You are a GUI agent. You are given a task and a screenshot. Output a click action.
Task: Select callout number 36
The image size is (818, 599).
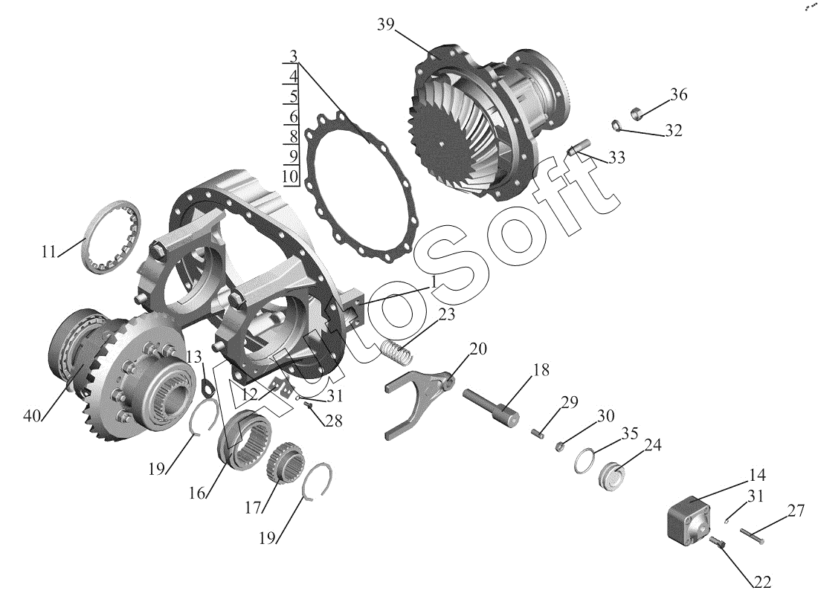point(677,95)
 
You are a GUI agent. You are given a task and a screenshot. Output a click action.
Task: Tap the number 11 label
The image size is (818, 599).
point(49,252)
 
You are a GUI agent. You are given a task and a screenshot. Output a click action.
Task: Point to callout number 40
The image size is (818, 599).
point(33,415)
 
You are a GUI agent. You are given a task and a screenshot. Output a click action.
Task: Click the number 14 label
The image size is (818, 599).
point(756,475)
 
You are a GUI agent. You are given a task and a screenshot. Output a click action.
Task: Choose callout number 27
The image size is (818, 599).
point(796,511)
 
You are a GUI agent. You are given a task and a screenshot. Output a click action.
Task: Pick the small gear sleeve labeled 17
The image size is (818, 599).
point(282,464)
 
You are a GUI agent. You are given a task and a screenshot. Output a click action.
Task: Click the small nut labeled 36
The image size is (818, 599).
point(637,113)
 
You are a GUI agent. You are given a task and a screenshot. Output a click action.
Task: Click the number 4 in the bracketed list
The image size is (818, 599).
point(293,76)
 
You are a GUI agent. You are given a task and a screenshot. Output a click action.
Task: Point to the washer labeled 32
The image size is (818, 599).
point(616,124)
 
